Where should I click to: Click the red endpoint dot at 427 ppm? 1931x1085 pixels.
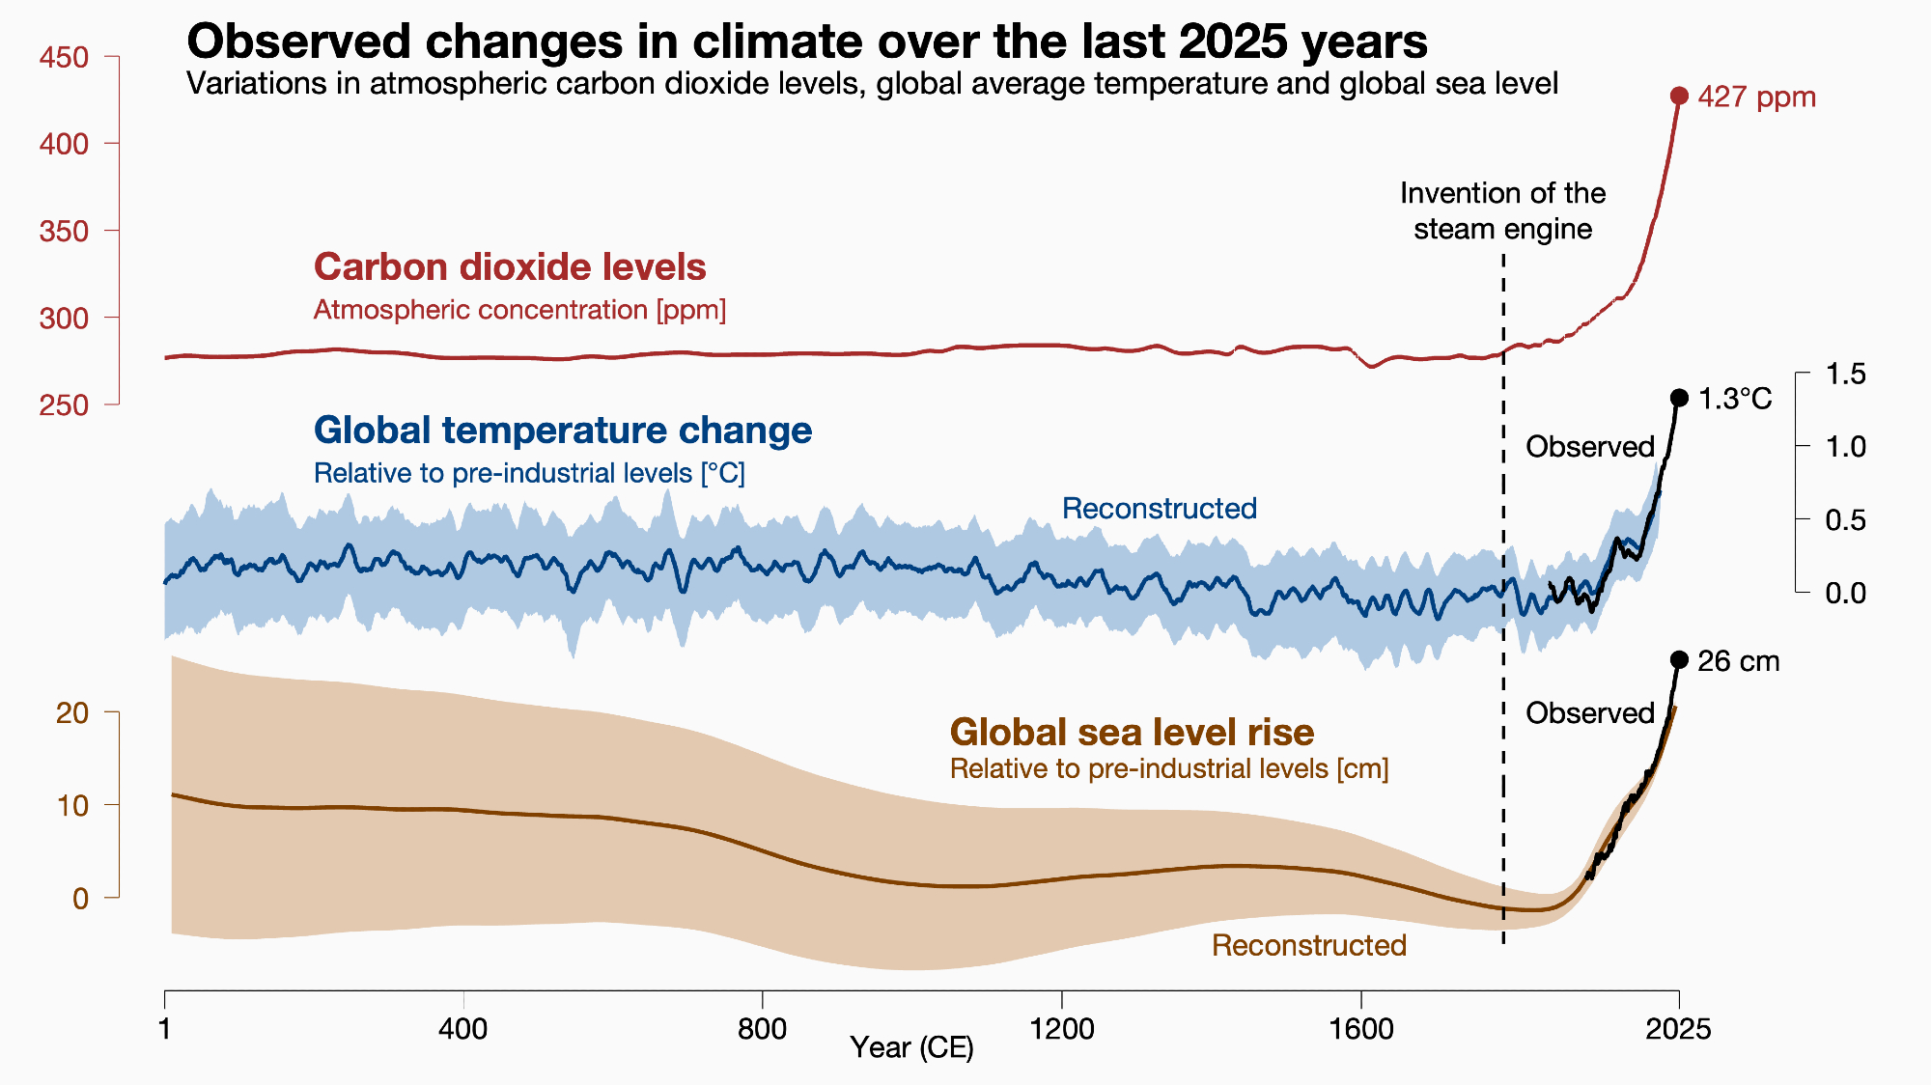(x=1679, y=96)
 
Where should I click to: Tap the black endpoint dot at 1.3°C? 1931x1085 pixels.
(x=1679, y=398)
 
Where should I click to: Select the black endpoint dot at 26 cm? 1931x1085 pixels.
(x=1679, y=660)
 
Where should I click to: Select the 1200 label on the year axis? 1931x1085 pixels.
(x=1062, y=1029)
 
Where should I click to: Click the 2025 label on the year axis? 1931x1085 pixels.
(x=1678, y=1029)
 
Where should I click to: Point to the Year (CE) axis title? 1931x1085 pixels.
(x=911, y=1047)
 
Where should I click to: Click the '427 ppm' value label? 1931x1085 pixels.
(x=1756, y=97)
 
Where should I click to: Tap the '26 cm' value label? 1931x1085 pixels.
(x=1738, y=661)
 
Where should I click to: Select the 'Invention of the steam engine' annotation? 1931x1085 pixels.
(x=1502, y=211)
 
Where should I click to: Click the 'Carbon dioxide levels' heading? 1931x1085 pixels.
(x=510, y=267)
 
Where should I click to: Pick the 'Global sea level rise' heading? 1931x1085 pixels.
(x=1132, y=732)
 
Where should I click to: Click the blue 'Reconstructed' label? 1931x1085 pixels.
(x=1159, y=509)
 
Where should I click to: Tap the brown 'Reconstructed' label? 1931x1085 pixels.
(x=1308, y=945)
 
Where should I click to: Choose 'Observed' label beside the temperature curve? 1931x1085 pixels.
(x=1589, y=447)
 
